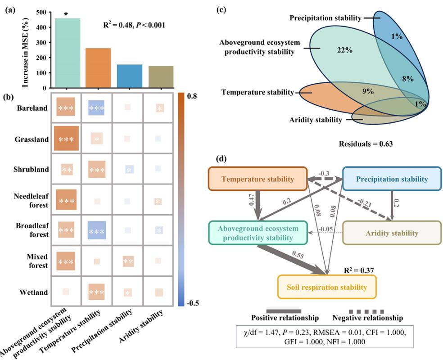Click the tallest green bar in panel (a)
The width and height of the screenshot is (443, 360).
tap(67, 53)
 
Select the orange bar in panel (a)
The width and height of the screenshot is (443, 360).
tap(98, 68)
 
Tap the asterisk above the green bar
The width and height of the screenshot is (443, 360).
tap(67, 14)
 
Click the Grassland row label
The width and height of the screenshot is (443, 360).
tap(33, 139)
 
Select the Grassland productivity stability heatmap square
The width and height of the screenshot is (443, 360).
tap(67, 139)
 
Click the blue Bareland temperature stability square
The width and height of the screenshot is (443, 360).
tap(96, 108)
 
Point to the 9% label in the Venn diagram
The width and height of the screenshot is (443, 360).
tap(368, 91)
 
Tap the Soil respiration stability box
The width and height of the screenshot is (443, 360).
tap(326, 287)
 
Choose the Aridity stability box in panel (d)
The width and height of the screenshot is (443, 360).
tap(392, 233)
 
